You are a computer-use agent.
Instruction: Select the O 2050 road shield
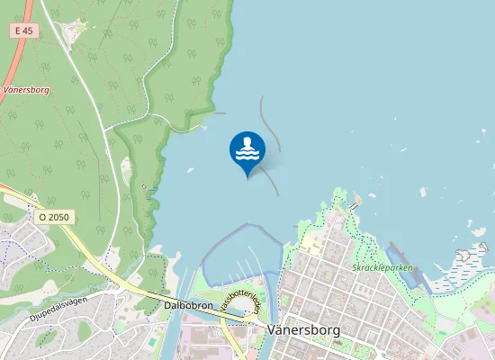tap(55, 218)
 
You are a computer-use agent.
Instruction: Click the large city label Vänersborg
tap(304, 330)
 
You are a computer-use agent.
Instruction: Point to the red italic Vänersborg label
tap(28, 90)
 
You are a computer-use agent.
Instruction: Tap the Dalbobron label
tap(188, 305)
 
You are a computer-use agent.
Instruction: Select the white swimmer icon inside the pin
tap(247, 148)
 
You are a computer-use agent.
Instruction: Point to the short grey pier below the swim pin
tap(271, 181)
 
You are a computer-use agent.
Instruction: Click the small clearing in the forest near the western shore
tap(127, 167)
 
